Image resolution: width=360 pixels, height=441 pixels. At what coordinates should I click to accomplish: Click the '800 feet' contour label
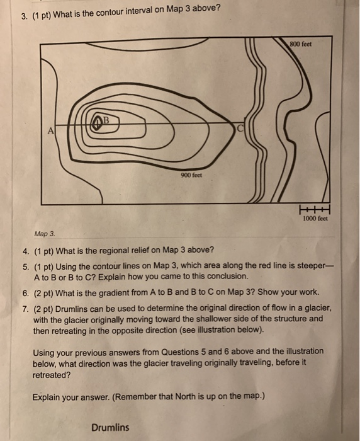pyautogui.click(x=301, y=44)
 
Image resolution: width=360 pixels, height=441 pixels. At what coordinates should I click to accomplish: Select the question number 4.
pyautogui.click(x=37, y=249)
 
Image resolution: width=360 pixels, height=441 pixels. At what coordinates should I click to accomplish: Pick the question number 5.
pyautogui.click(x=37, y=266)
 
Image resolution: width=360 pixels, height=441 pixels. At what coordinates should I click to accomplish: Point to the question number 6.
pyautogui.click(x=37, y=293)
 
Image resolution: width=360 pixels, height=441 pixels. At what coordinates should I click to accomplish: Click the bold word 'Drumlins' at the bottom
pyautogui.click(x=110, y=427)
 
